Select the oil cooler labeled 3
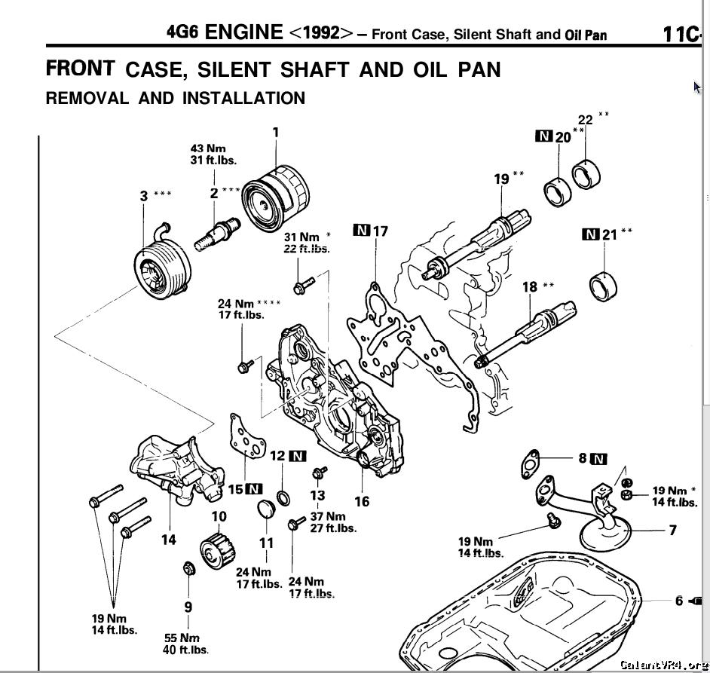point(162,267)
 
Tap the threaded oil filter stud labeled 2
point(217,234)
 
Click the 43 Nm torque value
point(208,148)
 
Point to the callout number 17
point(381,231)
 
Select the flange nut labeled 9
point(189,568)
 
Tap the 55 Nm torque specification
point(182,638)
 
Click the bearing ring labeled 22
point(586,174)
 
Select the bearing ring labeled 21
point(604,286)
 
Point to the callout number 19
point(501,179)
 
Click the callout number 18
point(530,287)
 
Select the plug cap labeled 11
point(266,509)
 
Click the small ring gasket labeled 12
point(283,498)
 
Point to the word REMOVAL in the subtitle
point(87,98)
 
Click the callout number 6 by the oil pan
point(679,601)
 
